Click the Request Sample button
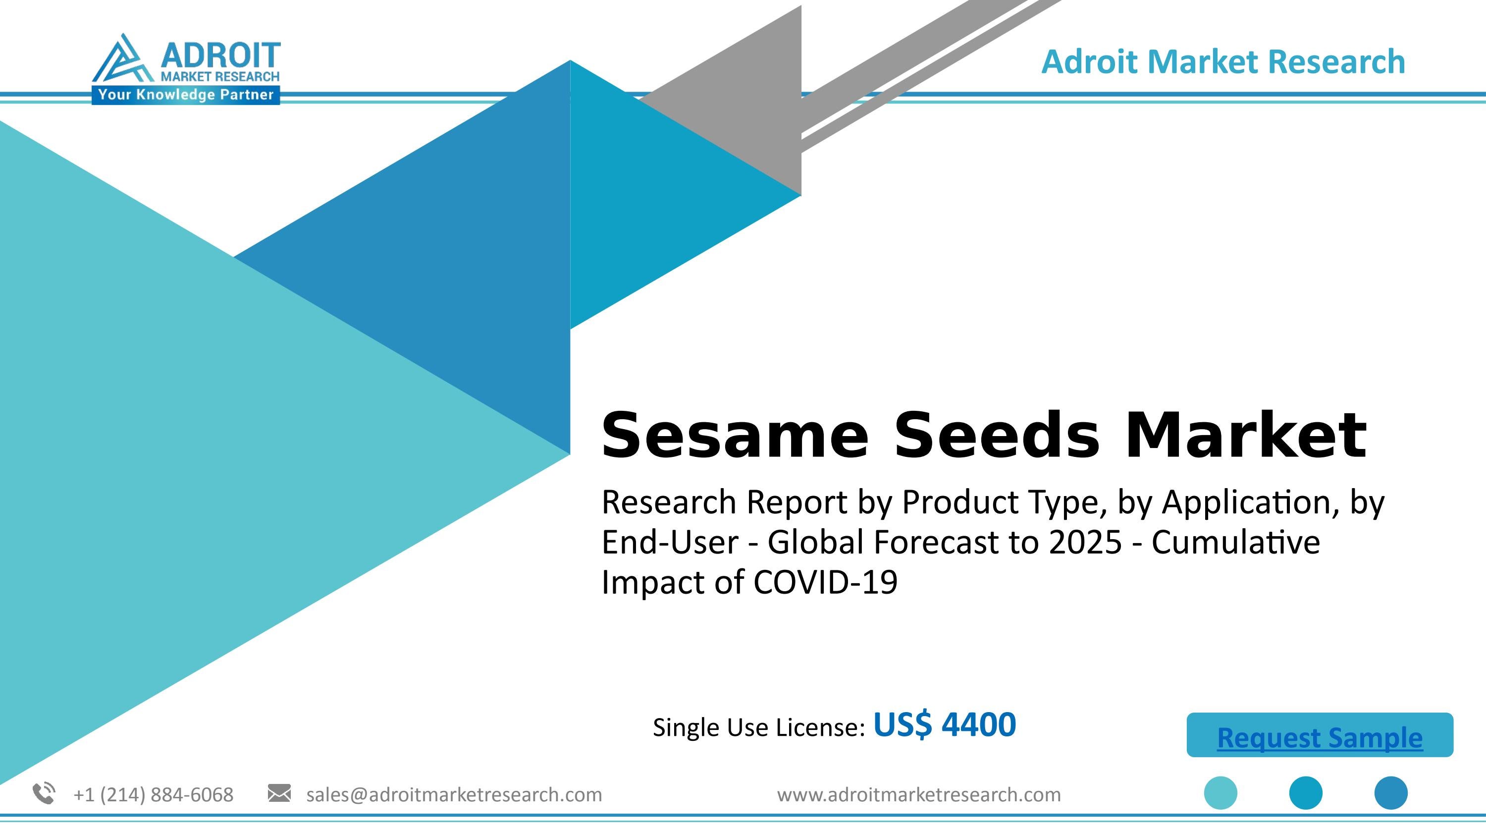[x=1319, y=737]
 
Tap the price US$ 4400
[x=944, y=725]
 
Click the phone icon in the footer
[x=44, y=793]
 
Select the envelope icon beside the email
[x=279, y=793]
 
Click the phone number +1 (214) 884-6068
[x=154, y=795]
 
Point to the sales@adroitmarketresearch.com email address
[x=454, y=795]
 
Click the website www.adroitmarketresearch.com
[x=918, y=795]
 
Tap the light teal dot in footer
[x=1220, y=793]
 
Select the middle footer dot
[x=1305, y=793]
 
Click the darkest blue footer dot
[x=1391, y=793]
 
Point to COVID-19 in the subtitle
[x=825, y=582]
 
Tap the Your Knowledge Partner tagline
[x=186, y=95]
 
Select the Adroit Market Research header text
[x=1223, y=62]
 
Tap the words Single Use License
[x=758, y=727]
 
